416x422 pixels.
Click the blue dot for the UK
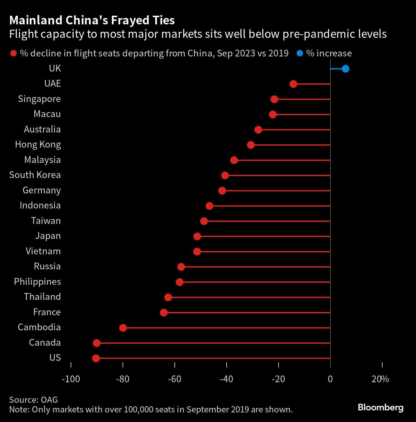[x=345, y=69]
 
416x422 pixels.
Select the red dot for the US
[x=96, y=358]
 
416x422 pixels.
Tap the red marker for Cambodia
[x=123, y=328]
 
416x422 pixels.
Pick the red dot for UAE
[x=293, y=84]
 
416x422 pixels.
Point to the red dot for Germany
[x=222, y=191]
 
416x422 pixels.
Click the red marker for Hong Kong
[x=251, y=145]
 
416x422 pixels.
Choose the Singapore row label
[x=39, y=99]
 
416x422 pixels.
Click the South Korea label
[x=35, y=175]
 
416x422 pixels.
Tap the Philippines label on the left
[x=37, y=282]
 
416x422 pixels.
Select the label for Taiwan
[x=46, y=221]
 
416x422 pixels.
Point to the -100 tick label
[x=71, y=379]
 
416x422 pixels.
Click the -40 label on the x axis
[x=227, y=379]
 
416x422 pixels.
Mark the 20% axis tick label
[x=380, y=379]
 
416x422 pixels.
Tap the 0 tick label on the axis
[x=330, y=379]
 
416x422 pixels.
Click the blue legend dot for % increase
[x=300, y=54]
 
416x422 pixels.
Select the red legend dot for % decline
[x=13, y=54]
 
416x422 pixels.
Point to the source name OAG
[x=49, y=400]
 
